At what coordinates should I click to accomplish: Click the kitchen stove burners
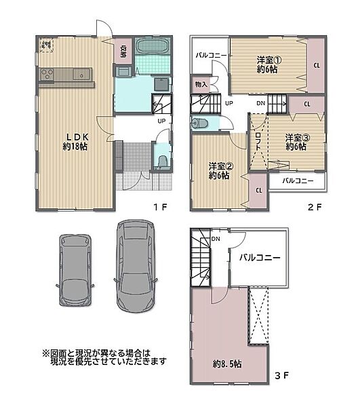click(46, 74)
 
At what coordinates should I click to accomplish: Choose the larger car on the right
click(136, 265)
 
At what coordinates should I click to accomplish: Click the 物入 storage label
click(201, 84)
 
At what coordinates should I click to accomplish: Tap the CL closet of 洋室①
click(317, 65)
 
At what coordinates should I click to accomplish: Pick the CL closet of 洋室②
click(259, 190)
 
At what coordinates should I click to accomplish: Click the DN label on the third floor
click(214, 239)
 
